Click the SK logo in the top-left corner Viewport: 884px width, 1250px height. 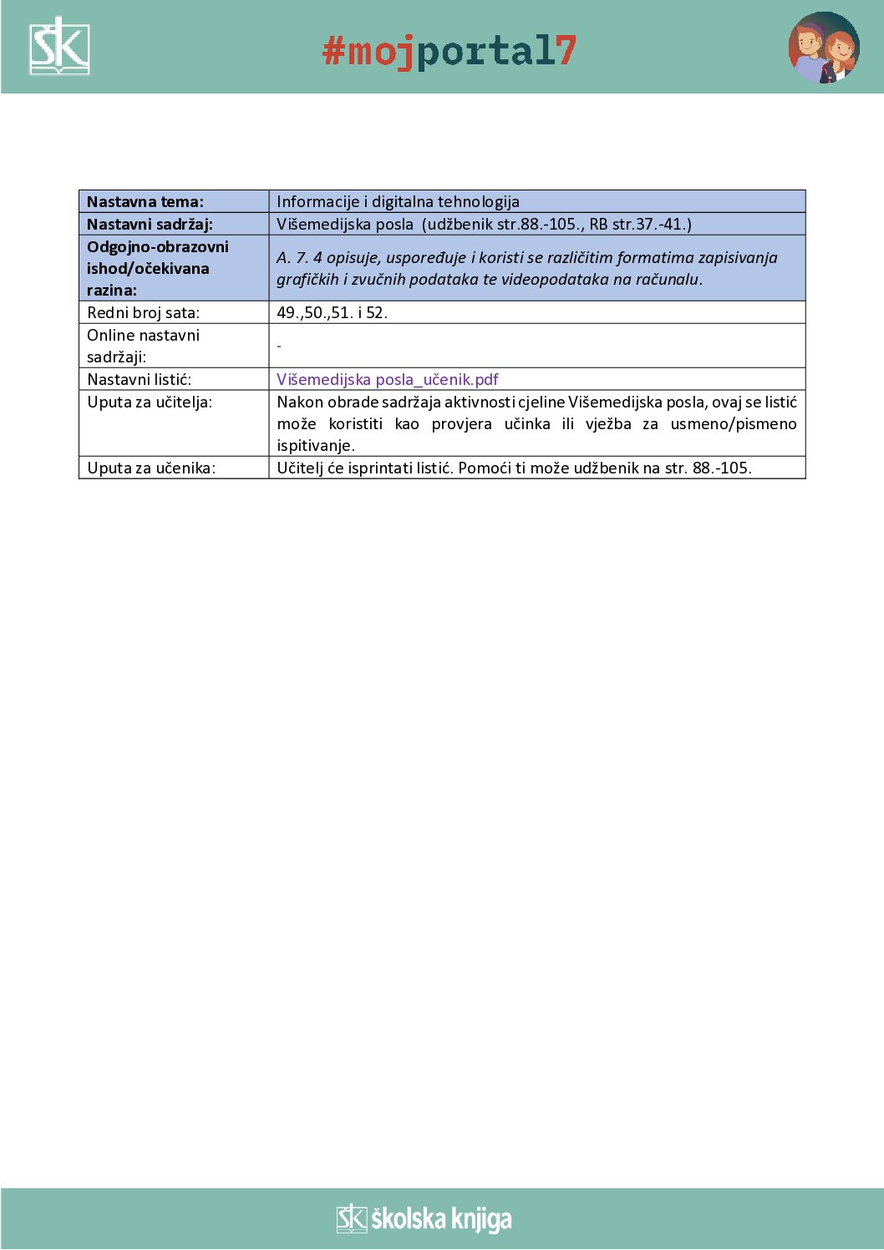pos(59,47)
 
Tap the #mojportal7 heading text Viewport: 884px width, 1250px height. pos(450,51)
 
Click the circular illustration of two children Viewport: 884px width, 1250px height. pos(824,48)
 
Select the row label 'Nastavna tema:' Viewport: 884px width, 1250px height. pos(145,201)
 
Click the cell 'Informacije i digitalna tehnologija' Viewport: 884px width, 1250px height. pos(398,201)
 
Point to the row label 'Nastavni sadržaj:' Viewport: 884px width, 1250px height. pos(150,224)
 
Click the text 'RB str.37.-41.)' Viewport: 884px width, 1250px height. pos(640,224)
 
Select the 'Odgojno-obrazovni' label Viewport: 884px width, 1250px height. pos(158,246)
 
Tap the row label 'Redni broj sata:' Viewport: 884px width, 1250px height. pos(143,312)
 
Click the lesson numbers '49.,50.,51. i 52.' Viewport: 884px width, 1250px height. pos(332,312)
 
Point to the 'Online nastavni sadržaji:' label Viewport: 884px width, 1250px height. pos(143,346)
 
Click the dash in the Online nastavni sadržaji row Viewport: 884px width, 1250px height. pos(279,346)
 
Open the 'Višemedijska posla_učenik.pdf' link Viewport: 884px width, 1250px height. pos(387,379)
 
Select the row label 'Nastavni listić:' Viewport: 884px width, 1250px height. pos(139,379)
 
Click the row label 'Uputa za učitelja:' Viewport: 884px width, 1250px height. pos(150,402)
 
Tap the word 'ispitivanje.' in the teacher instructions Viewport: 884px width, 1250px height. pos(316,445)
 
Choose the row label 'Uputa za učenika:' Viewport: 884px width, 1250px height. pos(151,468)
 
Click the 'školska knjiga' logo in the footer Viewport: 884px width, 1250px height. pos(424,1219)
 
